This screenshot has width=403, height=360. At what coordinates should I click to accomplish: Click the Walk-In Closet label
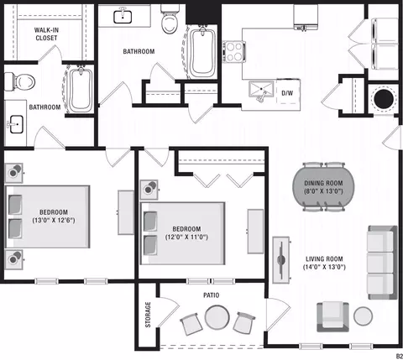coord(46,34)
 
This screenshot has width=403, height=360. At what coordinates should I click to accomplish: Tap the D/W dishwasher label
coord(287,93)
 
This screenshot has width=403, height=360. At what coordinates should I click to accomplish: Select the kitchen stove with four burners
coord(234,52)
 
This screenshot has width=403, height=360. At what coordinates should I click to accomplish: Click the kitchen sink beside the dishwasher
coord(261,90)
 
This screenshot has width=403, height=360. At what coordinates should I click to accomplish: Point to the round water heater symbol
coord(384,99)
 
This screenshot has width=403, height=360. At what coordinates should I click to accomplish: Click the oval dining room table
coord(323,187)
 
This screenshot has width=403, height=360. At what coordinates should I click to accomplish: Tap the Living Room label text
coord(324,259)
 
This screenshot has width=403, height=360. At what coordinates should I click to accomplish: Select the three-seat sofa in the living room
coord(382,263)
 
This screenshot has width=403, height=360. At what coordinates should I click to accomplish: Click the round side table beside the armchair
coord(363,316)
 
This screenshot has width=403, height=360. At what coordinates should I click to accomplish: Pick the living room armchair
coord(332,316)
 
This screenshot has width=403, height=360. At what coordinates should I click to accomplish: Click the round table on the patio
coord(217,317)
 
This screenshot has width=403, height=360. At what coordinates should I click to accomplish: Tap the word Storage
coord(148,315)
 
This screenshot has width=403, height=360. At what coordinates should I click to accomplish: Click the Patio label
coord(212,295)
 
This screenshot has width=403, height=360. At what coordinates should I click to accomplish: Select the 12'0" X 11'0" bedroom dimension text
coord(186,237)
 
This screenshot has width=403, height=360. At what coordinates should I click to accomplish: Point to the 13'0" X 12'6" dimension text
coord(54,220)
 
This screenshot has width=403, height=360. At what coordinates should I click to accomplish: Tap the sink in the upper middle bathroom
coord(123,17)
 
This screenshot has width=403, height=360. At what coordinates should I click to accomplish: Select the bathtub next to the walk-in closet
coord(81,89)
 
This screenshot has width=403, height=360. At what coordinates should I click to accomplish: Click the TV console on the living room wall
coord(281,260)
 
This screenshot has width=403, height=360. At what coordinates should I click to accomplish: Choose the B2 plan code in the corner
coord(399,356)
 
